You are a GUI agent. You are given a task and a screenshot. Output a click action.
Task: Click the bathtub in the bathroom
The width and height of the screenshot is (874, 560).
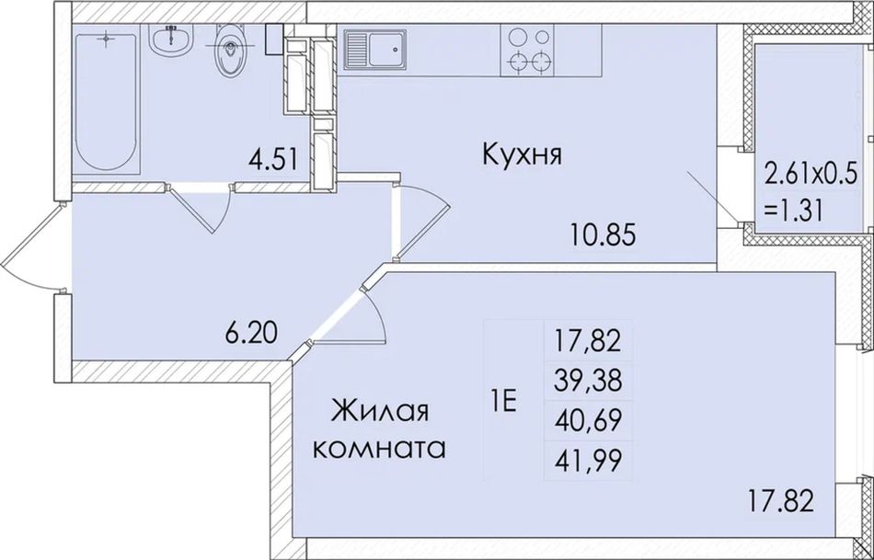click(106, 102)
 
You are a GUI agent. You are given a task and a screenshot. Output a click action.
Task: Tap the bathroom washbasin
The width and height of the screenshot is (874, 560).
click(172, 40)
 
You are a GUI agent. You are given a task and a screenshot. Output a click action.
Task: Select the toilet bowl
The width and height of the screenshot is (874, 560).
click(230, 51)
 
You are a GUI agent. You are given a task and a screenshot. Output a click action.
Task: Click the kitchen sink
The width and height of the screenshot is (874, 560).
click(375, 50)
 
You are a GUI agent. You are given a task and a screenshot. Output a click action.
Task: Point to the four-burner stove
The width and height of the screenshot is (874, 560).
click(527, 51)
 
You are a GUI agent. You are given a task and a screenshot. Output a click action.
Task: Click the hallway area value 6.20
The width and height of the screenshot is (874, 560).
click(251, 334)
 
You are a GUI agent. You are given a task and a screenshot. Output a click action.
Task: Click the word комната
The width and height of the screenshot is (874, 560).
click(380, 449)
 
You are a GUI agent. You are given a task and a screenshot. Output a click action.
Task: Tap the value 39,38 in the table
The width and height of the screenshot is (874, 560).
click(588, 383)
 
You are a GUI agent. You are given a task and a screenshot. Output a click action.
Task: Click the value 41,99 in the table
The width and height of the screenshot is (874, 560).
click(588, 461)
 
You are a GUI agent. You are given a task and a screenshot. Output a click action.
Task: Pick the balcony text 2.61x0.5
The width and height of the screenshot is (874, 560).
click(810, 177)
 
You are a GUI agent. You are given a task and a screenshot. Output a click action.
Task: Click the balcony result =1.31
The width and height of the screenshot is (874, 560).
click(794, 211)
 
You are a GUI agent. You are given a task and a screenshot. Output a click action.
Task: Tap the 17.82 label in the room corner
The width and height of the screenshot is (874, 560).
click(780, 500)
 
